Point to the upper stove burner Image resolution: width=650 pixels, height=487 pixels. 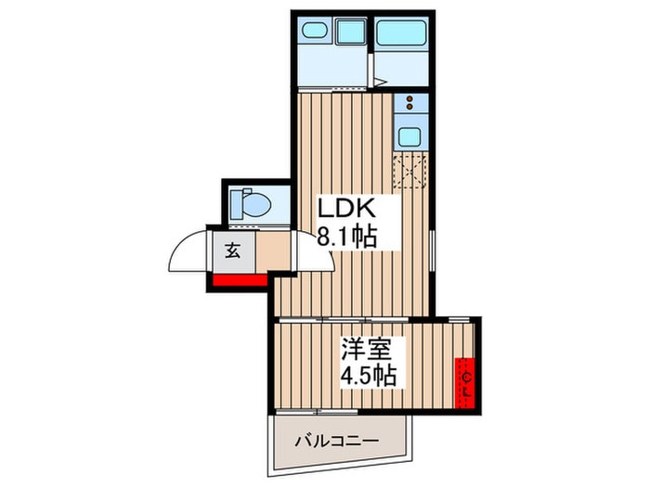pos(409,99)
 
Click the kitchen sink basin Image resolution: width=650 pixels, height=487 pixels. pos(409,138)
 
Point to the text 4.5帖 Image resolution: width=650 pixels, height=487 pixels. pos(368,378)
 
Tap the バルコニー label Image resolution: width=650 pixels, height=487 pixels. pos(337,441)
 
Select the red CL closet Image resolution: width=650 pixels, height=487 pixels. pos(466,380)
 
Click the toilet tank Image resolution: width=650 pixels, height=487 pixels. pos(235,201)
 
